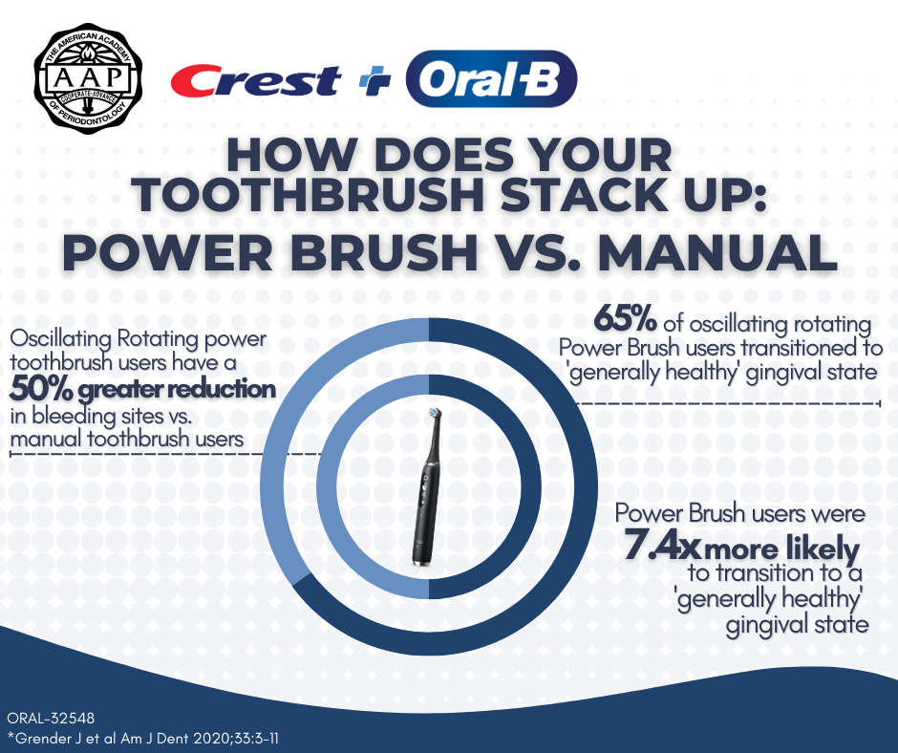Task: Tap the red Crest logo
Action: point(255,80)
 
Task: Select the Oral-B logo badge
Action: point(491,79)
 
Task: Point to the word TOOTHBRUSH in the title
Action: point(309,195)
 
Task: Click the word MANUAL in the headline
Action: point(717,252)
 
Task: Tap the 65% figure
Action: point(625,318)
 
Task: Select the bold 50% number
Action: point(41,389)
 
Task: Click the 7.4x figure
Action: point(661,545)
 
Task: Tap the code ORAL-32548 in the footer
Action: point(51,718)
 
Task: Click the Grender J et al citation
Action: point(143,738)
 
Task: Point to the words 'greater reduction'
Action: point(177,390)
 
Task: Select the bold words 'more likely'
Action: point(781,549)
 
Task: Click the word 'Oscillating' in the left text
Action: point(61,338)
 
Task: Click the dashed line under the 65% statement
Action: point(726,403)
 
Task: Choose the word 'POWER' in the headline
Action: point(167,252)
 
